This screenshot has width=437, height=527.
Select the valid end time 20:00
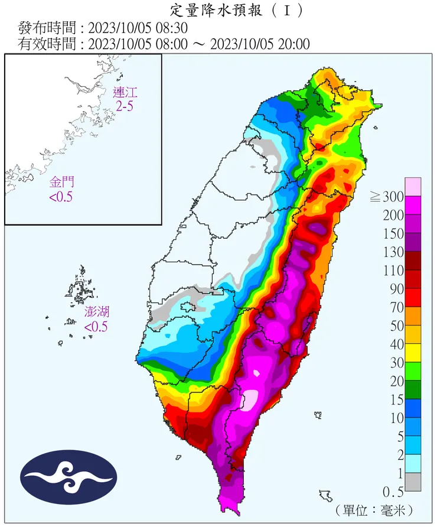coord(290,44)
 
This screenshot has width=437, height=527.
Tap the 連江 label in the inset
coord(125,92)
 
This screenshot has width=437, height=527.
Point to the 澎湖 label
coord(96,312)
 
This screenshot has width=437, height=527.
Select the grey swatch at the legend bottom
coord(413,482)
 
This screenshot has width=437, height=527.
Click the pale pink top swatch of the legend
coord(413,186)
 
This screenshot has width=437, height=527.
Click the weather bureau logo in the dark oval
coord(69,477)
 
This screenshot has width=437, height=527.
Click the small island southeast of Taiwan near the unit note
coord(325,495)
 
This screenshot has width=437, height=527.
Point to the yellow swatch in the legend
coord(413,352)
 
